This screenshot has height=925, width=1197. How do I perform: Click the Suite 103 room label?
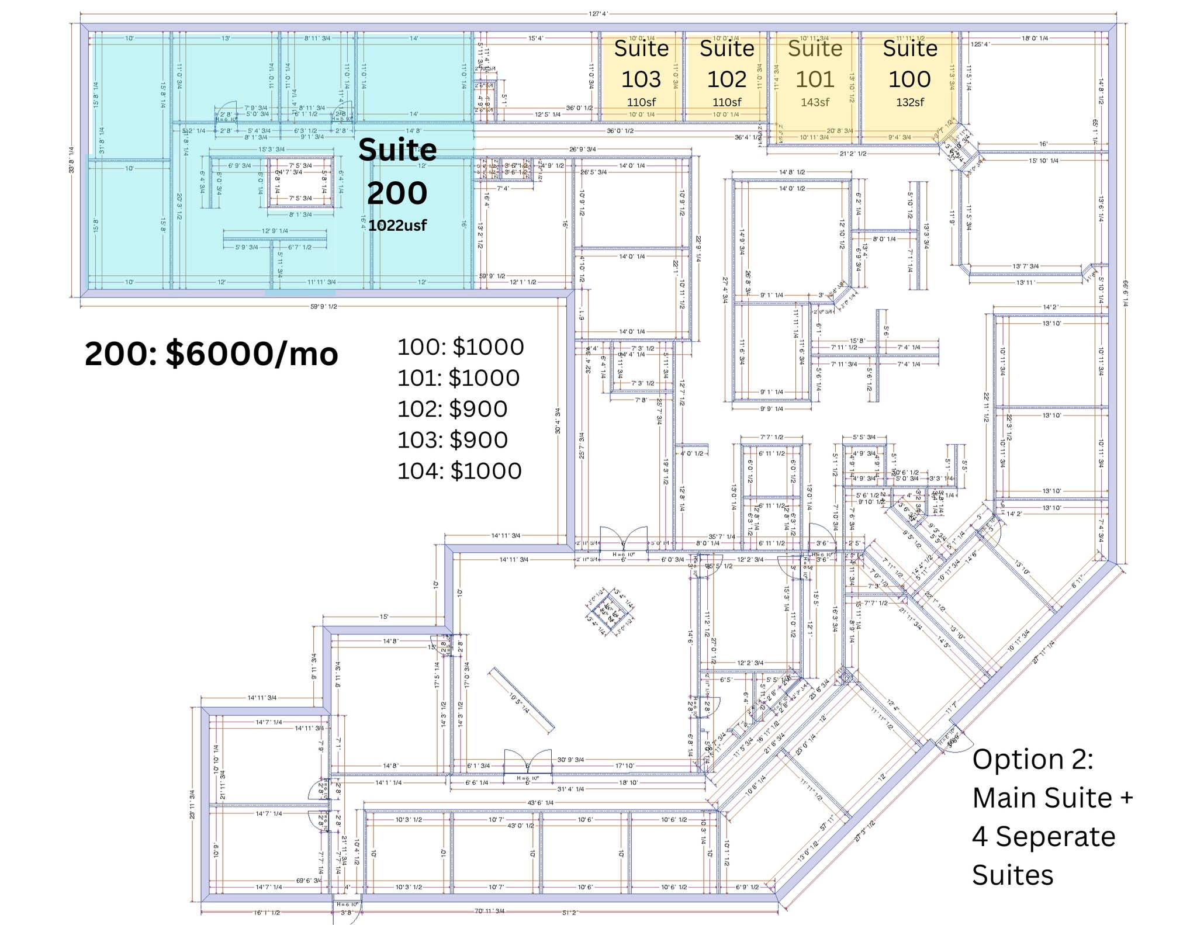pos(641,64)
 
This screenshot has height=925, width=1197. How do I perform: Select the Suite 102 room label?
pos(726,64)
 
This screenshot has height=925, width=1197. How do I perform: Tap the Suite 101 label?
pos(815,64)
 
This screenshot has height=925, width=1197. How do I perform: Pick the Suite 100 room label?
pos(909,64)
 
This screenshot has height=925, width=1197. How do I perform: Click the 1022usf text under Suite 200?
pos(397,226)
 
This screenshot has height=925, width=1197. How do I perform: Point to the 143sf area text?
pos(815,102)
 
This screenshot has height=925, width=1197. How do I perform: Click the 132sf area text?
pos(909,102)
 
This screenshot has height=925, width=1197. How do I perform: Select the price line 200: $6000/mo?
pos(211,354)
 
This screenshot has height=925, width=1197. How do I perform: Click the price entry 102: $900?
pos(452,409)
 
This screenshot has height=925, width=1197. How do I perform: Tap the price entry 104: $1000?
pos(459,471)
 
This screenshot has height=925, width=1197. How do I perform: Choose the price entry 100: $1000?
pos(461,347)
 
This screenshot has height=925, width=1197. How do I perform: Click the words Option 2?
pos(1032,760)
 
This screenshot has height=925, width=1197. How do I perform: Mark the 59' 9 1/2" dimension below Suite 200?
pos(323,307)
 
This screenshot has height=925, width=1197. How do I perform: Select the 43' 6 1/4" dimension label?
pos(540,803)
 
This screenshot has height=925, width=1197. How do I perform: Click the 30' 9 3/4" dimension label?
pos(570,760)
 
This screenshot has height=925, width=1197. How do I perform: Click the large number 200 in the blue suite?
pos(397,193)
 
